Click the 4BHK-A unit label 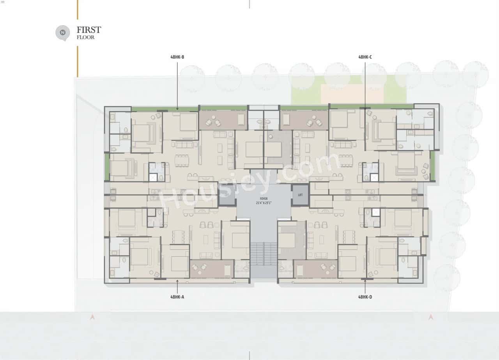point(177,297)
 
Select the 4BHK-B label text point(177,57)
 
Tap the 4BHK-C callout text point(365,57)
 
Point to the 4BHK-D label point(365,297)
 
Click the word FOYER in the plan point(264,198)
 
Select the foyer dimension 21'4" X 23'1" point(264,203)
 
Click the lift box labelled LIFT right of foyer point(300,195)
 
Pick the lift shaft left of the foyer point(227,195)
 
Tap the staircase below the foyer point(264,253)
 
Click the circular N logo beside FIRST point(62,33)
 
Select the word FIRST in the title point(89,30)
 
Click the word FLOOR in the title point(85,38)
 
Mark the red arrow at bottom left point(92,317)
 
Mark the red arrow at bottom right point(431,317)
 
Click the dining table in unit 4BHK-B point(182,160)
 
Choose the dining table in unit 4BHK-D point(349,236)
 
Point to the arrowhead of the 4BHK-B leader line point(177,109)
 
